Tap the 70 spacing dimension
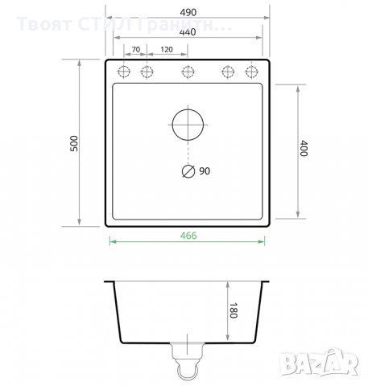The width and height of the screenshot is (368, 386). (136, 50)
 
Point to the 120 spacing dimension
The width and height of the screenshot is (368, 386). (167, 50)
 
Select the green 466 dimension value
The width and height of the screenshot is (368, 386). (188, 236)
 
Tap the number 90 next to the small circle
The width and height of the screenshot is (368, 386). (204, 171)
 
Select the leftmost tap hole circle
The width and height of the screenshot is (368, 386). (125, 72)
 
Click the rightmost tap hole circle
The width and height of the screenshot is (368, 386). (252, 72)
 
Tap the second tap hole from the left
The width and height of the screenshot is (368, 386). (147, 72)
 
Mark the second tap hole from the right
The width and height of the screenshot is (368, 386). (228, 72)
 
